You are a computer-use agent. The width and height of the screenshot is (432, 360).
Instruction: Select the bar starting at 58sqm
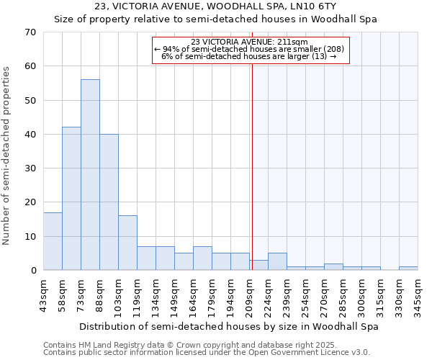[x=71, y=199]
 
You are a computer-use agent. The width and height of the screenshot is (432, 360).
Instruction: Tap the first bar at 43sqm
[x=53, y=241]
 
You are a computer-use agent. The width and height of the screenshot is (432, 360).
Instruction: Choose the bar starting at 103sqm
[x=127, y=243]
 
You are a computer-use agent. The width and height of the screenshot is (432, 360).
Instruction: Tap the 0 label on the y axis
[x=33, y=271]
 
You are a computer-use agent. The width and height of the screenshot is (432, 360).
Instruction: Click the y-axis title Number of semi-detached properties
[x=6, y=155]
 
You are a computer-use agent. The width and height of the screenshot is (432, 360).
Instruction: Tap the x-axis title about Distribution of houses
[x=229, y=326]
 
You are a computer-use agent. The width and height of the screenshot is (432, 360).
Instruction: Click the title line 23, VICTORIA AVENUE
[x=215, y=6]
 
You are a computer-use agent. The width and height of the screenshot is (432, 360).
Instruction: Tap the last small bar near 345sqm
[x=408, y=269]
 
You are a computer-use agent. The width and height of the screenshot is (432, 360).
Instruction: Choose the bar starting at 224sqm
[x=277, y=262]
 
